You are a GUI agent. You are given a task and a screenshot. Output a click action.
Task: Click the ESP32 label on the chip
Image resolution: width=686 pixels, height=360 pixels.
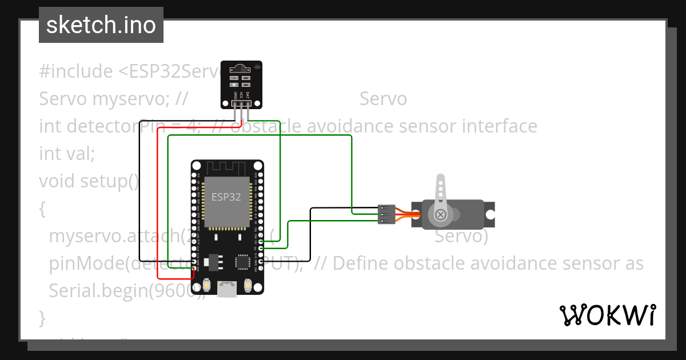point(226,197)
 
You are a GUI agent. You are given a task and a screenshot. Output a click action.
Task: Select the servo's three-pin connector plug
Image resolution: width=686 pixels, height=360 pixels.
point(386,214)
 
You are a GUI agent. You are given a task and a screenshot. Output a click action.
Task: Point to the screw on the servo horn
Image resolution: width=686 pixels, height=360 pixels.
point(441,215)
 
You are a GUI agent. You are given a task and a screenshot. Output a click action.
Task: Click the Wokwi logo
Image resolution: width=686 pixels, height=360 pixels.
point(607,315)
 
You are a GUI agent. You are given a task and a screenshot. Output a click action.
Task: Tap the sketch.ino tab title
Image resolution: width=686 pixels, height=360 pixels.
point(101,25)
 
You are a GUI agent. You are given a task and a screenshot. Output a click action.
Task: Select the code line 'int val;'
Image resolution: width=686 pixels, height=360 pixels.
point(67,153)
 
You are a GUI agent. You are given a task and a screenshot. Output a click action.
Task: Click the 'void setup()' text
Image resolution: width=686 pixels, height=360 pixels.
point(89,181)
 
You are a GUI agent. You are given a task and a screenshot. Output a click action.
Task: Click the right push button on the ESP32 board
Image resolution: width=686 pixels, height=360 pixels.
point(248,284)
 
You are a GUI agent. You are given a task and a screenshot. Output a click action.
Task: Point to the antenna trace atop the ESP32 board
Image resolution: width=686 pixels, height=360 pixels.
point(227,168)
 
